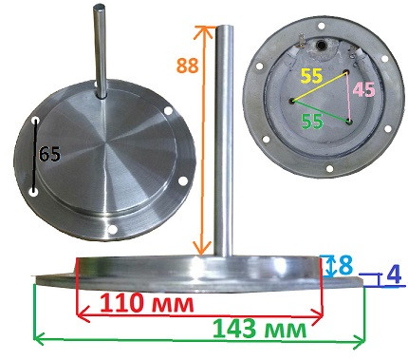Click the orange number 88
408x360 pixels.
tap(188, 66)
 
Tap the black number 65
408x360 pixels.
tap(49, 154)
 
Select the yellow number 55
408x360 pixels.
tap(312, 76)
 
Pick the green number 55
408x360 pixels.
tap(312, 122)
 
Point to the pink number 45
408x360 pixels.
tap(363, 89)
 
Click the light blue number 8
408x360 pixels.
tap(345, 266)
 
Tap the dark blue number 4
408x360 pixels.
tap(394, 275)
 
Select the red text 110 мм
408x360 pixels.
tap(147, 304)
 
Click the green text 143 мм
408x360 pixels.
tap(260, 329)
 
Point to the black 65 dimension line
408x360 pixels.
tap(35, 156)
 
